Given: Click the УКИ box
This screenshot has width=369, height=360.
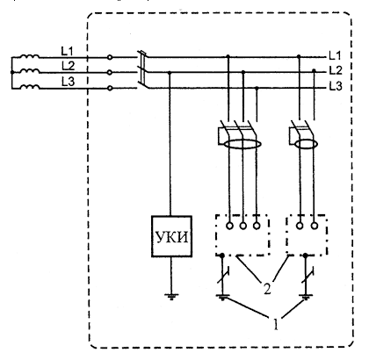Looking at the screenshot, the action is (171, 236).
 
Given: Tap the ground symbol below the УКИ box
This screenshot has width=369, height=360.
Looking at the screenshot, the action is (171, 296).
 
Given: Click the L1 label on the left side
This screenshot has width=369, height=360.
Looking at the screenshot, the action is (67, 51).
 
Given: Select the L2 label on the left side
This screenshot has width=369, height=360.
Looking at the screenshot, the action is (68, 66).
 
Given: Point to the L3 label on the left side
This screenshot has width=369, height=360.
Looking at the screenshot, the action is (68, 82).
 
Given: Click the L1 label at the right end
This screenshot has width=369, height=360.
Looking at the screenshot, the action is (335, 55).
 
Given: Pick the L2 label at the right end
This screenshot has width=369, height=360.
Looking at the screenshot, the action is (336, 70).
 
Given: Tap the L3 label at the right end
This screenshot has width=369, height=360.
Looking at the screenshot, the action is (336, 86).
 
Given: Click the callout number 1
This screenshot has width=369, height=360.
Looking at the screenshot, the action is (275, 324).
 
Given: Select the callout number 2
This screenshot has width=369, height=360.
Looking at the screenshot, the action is (267, 288).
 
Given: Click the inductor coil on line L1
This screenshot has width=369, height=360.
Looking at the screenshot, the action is (30, 56).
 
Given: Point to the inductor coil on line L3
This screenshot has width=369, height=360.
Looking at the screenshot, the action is (30, 87).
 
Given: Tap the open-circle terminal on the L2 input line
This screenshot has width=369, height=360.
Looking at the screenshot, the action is (110, 72).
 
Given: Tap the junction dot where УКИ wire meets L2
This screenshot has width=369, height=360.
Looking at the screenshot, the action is (170, 72).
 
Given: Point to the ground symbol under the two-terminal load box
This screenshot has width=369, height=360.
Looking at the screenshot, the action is (306, 298).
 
